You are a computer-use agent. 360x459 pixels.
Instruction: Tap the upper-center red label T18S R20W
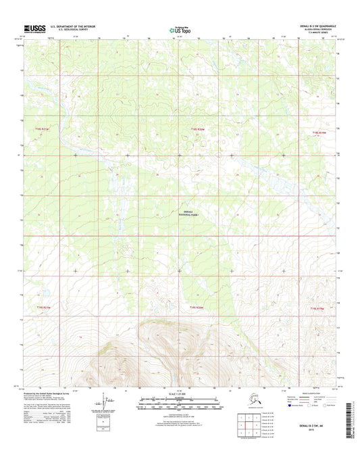pos(197,128)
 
